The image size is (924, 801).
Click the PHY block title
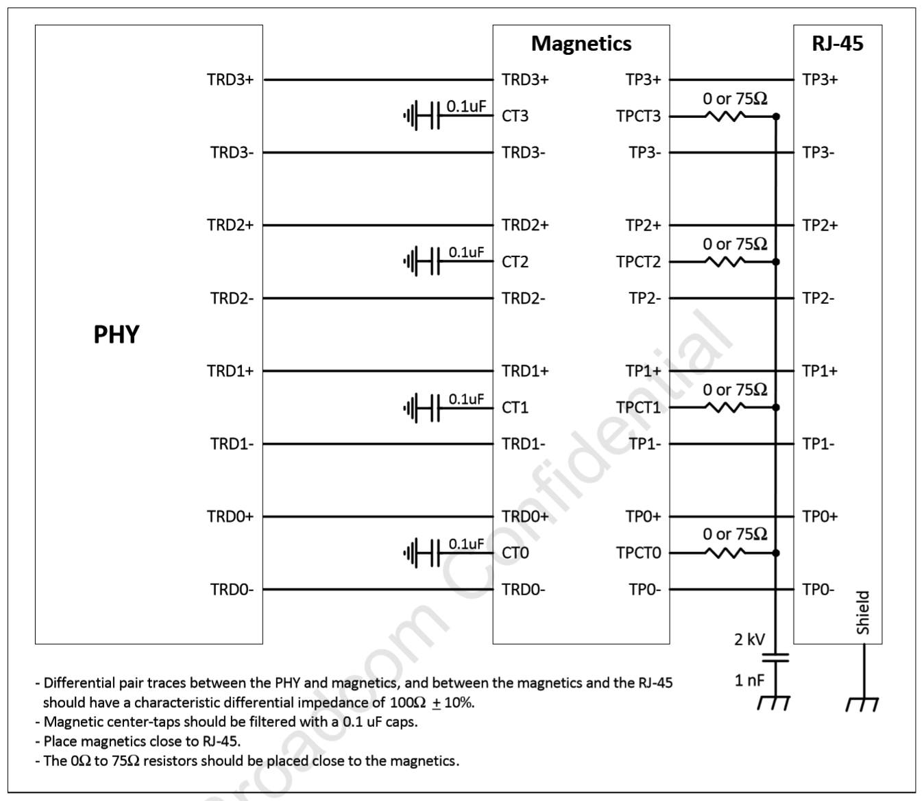116,335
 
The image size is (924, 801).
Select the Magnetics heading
581,43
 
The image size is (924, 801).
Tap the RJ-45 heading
837,43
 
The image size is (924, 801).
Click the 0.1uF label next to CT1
466,398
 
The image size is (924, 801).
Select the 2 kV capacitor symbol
775,658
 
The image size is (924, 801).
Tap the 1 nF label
749,680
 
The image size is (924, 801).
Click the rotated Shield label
863,612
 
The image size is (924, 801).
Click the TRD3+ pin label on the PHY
230,80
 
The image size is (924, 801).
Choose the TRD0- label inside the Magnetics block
523,589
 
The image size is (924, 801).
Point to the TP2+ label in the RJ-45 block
820,225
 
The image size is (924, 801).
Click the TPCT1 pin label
638,407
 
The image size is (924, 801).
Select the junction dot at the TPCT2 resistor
776,262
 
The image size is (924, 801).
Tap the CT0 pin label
515,553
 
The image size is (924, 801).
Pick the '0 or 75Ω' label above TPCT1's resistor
735,390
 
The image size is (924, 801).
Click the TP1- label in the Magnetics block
645,444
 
